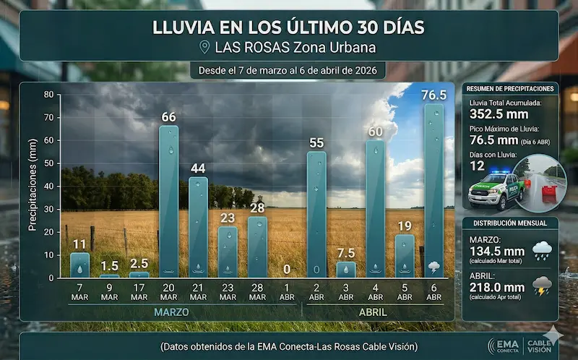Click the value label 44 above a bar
198,168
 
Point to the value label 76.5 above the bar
433,95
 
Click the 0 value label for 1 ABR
286,269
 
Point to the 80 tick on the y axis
48,95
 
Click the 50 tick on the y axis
48,163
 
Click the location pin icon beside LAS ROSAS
204,48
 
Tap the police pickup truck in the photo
496,189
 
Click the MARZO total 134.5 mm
496,250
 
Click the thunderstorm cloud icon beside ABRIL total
542,287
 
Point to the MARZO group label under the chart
171,312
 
